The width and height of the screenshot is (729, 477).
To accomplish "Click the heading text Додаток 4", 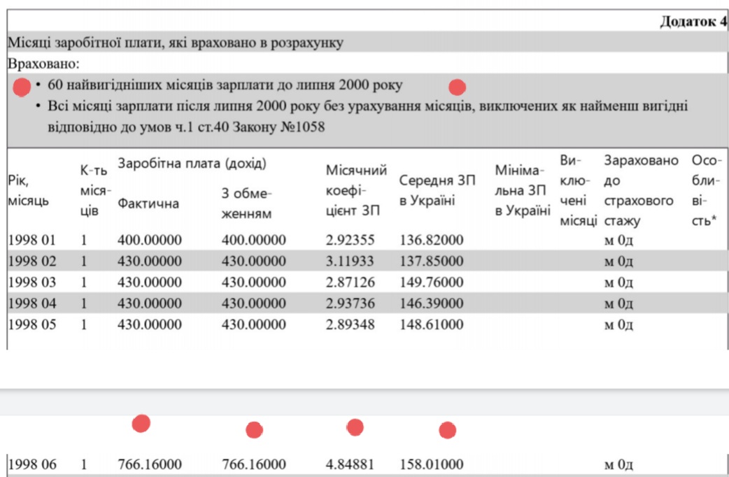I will coord(693,22).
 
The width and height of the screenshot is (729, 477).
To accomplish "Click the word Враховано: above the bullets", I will coord(43,64).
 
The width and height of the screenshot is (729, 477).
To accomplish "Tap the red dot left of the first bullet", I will coord(22,87).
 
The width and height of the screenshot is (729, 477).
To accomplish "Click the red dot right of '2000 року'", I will coord(457,87).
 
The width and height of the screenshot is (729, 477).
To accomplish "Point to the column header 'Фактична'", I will coord(148,204).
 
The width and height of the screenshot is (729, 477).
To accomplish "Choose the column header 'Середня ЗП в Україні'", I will coord(437,190).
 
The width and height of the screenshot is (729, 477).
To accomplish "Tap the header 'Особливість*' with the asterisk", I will coord(707,190).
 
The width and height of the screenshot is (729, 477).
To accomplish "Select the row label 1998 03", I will coord(31,282).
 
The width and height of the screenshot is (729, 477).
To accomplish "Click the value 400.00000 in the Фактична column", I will coord(150,241).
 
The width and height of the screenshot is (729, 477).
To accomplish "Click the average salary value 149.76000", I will coord(431,282).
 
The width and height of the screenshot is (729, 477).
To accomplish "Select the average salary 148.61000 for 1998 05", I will coord(431,325).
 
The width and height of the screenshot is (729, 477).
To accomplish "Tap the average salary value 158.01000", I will coord(431,464).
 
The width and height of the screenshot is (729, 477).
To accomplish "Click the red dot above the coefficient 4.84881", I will coord(355,427).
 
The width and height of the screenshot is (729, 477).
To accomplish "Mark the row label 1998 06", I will coord(31,464).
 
